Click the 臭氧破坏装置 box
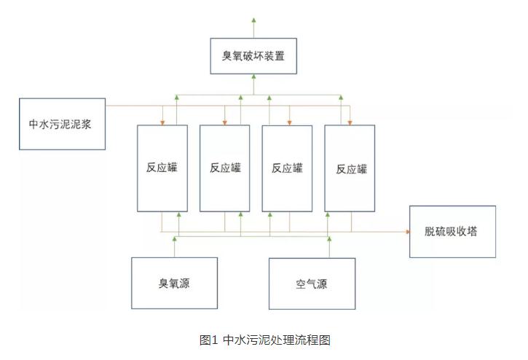[x=254, y=55]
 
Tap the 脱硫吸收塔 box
[x=452, y=231]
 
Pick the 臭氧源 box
[x=174, y=283]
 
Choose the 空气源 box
[x=312, y=283]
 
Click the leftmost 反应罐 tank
[x=162, y=167]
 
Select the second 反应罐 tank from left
[x=224, y=167]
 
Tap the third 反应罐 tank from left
[x=287, y=167]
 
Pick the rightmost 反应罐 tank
[x=350, y=167]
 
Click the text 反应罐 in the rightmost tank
[x=351, y=168]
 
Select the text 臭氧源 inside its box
[x=174, y=283]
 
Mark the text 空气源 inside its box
[x=312, y=283]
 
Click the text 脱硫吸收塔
[x=452, y=231]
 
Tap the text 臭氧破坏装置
[x=254, y=55]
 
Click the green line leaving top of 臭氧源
[x=174, y=248]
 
